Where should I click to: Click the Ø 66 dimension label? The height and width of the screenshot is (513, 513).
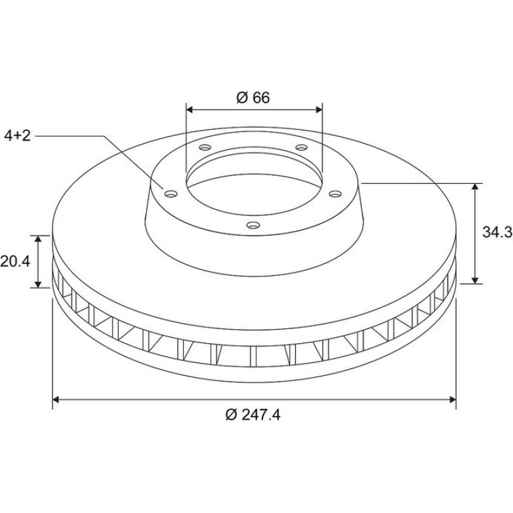click(253, 97)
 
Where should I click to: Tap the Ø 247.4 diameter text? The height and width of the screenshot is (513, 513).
click(253, 415)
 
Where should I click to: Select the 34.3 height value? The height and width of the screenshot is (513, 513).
click(497, 233)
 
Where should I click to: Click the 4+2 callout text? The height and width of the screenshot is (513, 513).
click(17, 136)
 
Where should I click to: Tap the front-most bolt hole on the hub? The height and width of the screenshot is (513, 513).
click(253, 225)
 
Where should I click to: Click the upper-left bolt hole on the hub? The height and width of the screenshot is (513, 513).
click(205, 147)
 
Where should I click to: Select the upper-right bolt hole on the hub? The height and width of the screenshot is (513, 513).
click(302, 147)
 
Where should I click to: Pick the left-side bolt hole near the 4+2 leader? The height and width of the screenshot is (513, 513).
click(171, 194)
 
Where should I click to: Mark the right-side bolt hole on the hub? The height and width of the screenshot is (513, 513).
click(335, 194)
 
